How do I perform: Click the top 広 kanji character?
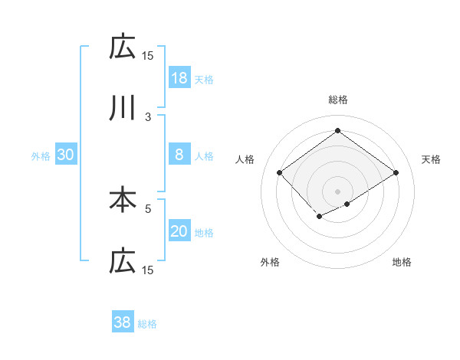coord(123,47)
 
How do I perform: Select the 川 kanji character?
coord(123,109)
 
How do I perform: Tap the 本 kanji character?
coord(123,200)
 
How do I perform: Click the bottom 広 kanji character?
coord(123,261)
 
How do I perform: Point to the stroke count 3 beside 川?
coord(148,116)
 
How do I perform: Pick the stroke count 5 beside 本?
coord(148,208)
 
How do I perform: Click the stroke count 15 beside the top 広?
coord(147,55)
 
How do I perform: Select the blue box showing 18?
coord(179,77)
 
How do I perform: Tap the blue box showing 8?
coord(179,155)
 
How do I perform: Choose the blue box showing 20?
coord(179,231)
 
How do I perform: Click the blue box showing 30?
coord(66,155)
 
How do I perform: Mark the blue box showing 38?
coord(123,322)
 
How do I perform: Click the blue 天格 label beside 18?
coord(204,79)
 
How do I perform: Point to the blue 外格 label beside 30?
coord(41,156)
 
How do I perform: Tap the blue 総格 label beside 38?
coord(147,324)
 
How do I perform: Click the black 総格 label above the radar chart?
coord(338,100)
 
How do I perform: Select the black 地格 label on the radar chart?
coord(402,262)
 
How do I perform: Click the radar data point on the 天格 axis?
coord(396,173)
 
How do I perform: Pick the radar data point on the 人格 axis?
coord(280,173)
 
